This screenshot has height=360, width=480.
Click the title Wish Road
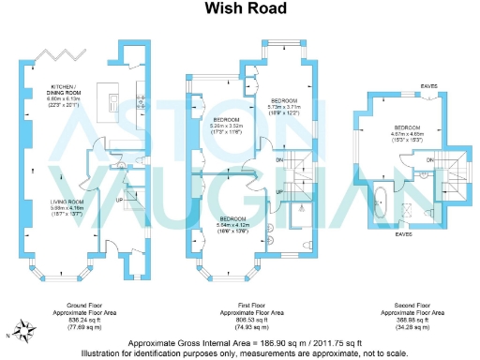click(239, 9)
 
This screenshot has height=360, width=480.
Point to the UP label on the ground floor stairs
click(119, 199)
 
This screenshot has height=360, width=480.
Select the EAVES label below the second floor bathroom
click(403, 234)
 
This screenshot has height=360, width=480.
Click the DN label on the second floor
click(428, 162)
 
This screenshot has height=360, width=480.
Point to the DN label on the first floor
click(279, 159)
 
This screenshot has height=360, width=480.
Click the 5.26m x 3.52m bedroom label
click(228, 126)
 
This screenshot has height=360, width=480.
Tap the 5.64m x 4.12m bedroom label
click(234, 223)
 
